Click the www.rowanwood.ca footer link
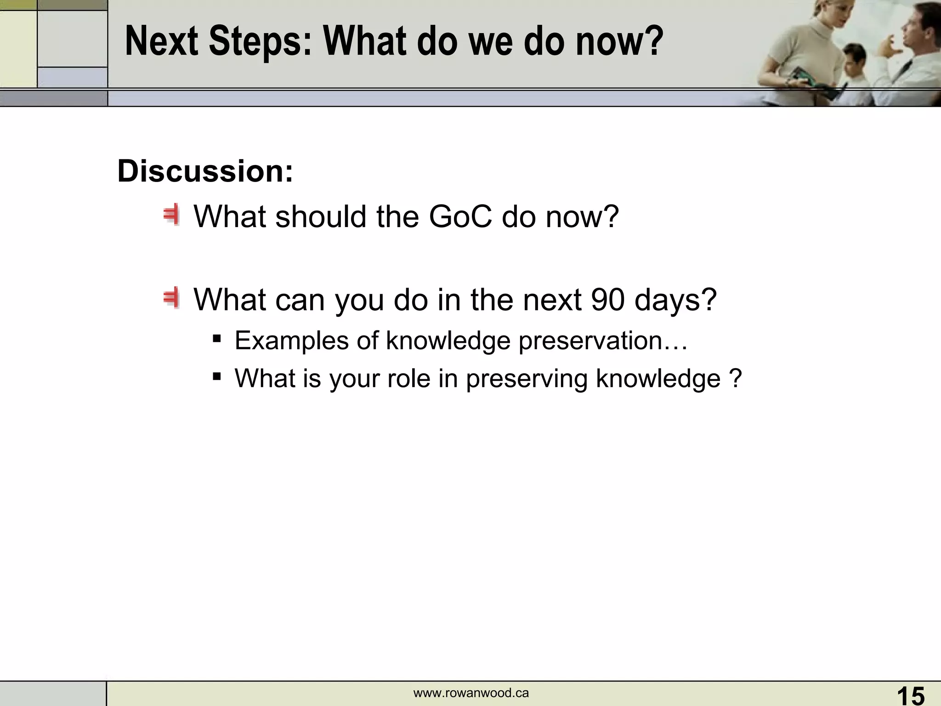point(471,693)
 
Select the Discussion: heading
point(205,171)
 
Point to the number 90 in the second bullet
point(608,300)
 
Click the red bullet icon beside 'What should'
point(172,215)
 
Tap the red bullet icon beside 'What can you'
point(172,298)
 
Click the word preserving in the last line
point(527,379)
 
